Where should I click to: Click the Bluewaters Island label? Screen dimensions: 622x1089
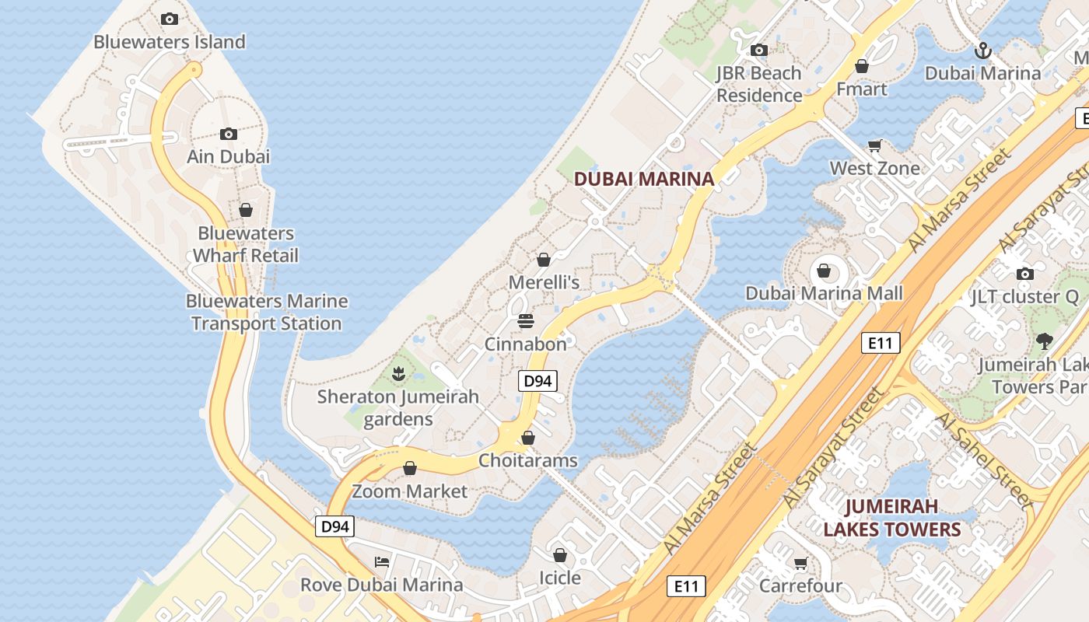click(x=170, y=42)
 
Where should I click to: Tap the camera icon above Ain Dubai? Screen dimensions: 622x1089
click(x=228, y=134)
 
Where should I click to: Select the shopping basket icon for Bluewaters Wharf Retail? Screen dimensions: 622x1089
click(x=246, y=210)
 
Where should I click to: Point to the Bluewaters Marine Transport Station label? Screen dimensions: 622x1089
click(x=266, y=313)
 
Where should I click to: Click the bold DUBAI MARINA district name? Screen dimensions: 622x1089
click(x=643, y=179)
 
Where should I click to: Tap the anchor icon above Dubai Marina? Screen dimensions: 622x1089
click(x=983, y=51)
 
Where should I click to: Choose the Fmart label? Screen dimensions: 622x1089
click(x=861, y=89)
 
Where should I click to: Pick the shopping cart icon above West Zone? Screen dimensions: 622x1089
click(x=875, y=145)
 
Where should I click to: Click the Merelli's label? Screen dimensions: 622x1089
click(x=544, y=282)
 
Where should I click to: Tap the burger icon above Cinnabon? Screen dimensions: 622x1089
click(x=526, y=321)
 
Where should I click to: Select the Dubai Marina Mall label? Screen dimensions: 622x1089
click(x=824, y=294)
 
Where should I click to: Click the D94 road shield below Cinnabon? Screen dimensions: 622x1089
click(x=537, y=381)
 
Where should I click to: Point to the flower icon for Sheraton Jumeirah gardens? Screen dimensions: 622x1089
click(x=398, y=374)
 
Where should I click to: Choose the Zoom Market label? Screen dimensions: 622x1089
click(x=409, y=491)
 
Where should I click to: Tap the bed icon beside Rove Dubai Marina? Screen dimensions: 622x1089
click(x=381, y=561)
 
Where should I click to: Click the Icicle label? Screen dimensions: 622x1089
click(x=559, y=578)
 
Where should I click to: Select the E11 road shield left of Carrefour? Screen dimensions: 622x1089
click(x=686, y=585)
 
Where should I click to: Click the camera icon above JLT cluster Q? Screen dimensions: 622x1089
click(x=1025, y=274)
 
